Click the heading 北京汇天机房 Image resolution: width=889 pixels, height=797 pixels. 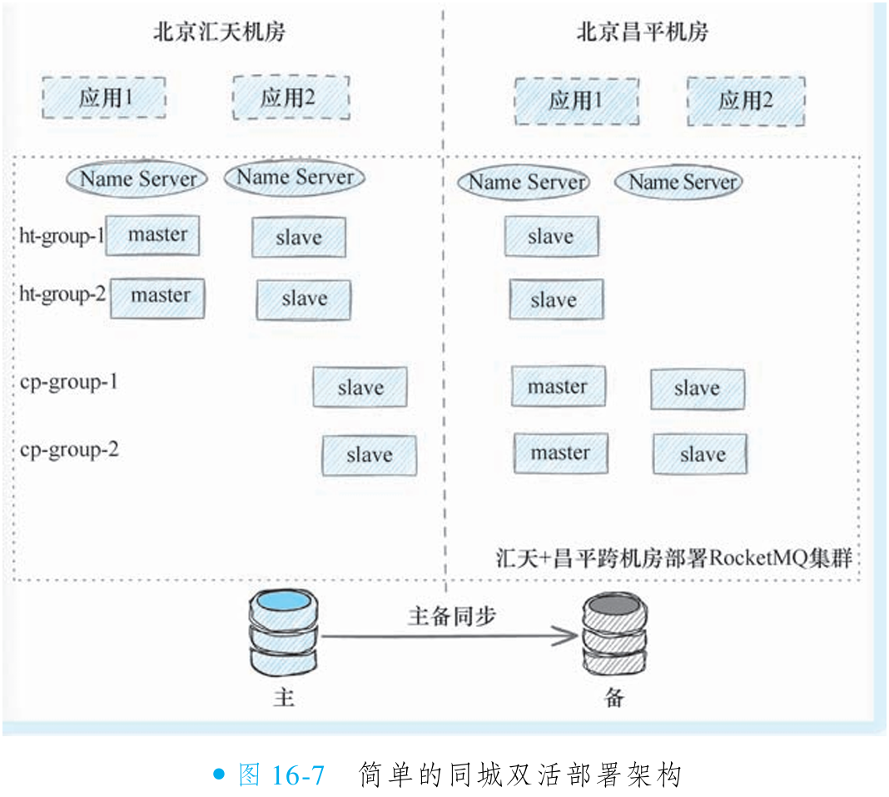(220, 32)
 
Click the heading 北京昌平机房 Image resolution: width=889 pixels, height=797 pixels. (643, 32)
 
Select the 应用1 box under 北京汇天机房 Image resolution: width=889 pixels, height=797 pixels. (104, 98)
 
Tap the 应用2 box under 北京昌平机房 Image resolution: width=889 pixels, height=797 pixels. (746, 101)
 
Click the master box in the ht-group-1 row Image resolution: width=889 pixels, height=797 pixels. (153, 236)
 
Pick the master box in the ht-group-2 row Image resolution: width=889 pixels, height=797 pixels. (157, 296)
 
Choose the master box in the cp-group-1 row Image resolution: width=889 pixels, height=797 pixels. (558, 387)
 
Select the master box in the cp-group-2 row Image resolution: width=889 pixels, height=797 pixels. (560, 453)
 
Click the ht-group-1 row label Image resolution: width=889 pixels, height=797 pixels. (61, 237)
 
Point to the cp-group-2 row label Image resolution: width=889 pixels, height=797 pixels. (69, 450)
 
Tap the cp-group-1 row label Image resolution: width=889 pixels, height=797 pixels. (69, 382)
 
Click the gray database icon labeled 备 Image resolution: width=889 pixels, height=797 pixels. (614, 637)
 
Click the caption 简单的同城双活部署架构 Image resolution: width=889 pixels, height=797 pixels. (520, 775)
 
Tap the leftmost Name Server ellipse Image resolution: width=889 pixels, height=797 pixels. (137, 178)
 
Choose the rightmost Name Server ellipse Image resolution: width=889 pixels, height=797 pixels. (678, 182)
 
